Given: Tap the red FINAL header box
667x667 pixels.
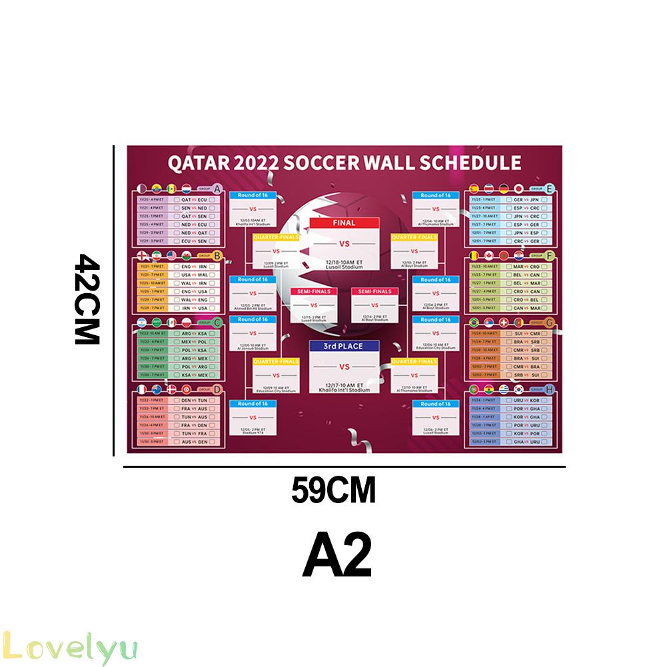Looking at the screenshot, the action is [x=344, y=223].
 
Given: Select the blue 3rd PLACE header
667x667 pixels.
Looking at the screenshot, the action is [x=344, y=346].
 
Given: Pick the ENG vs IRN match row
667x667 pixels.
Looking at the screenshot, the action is [x=194, y=267].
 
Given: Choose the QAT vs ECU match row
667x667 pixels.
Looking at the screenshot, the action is [x=194, y=199].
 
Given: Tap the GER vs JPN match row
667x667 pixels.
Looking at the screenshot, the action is [x=527, y=199].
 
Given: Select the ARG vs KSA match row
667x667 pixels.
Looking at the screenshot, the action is [x=194, y=333].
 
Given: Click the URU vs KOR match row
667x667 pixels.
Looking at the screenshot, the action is [x=527, y=400].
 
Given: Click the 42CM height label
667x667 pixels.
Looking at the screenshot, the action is [x=87, y=299].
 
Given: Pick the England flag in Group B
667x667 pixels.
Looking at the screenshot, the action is [x=142, y=256].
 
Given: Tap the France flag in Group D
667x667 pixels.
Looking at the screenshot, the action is [x=142, y=389].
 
